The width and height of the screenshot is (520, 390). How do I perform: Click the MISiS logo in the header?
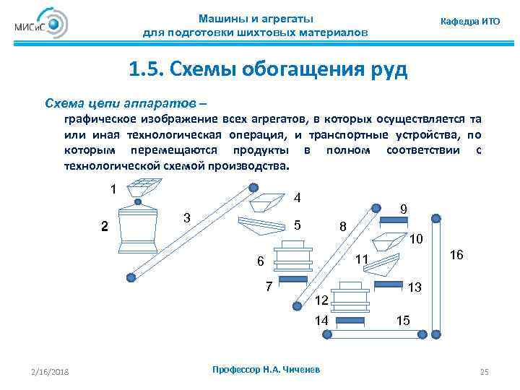coord(40,25)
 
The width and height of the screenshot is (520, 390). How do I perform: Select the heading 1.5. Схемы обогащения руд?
coord(268,70)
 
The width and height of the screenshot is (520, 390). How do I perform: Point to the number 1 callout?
coord(113,189)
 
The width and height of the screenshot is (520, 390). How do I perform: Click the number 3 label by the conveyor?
coord(186,217)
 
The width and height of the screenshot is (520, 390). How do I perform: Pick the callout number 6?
coord(261,261)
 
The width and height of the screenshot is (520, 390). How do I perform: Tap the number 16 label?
coord(456,256)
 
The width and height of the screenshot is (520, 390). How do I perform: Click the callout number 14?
coord(322,319)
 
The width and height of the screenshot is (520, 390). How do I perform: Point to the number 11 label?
coord(362,259)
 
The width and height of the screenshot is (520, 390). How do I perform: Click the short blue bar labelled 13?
coord(391,285)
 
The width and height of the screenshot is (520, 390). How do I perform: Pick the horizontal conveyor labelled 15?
coord(379,334)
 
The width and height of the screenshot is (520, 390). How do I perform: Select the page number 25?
coord(485,372)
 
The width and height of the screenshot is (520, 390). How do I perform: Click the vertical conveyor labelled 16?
coord(435,274)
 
